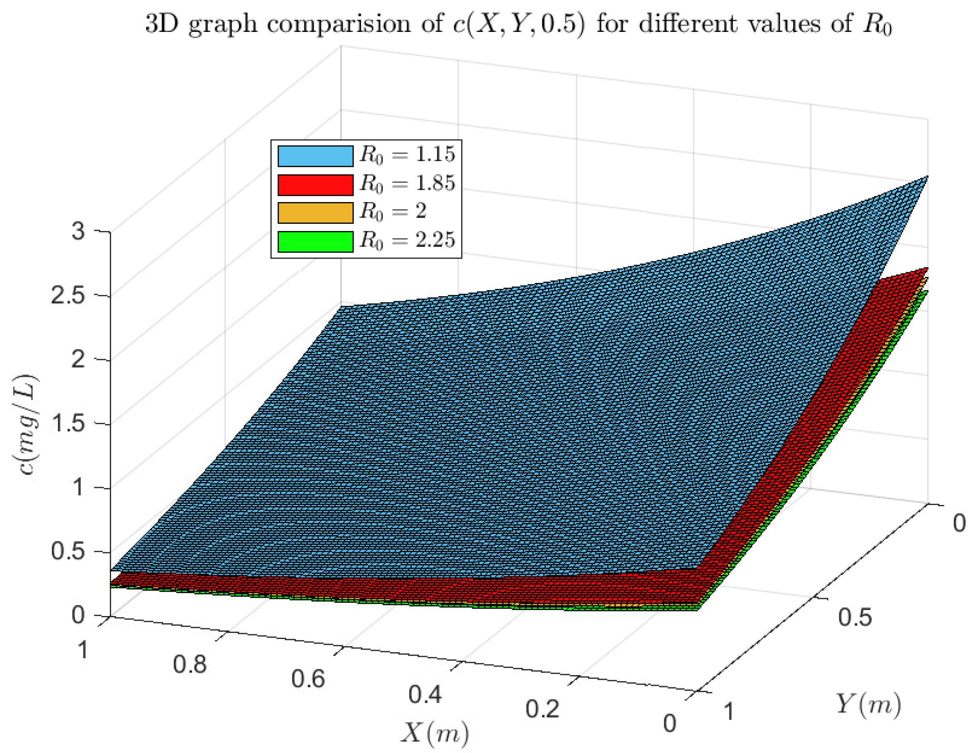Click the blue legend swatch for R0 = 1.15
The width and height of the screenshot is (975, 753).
pyautogui.click(x=315, y=156)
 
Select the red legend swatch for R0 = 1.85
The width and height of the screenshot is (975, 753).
pyautogui.click(x=315, y=185)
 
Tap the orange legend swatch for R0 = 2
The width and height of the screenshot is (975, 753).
pyautogui.click(x=315, y=213)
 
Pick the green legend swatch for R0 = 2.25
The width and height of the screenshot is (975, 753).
pyautogui.click(x=315, y=241)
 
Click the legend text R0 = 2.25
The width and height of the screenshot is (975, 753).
pyautogui.click(x=407, y=240)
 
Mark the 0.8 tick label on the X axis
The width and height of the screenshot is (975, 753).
pyautogui.click(x=190, y=664)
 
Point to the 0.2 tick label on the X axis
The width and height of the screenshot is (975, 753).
pyautogui.click(x=542, y=709)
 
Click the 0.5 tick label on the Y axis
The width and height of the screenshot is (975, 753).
pyautogui.click(x=855, y=618)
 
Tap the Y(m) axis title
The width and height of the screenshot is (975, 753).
pyautogui.click(x=868, y=706)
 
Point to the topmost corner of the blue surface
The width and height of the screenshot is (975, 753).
pyautogui.click(x=927, y=177)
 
